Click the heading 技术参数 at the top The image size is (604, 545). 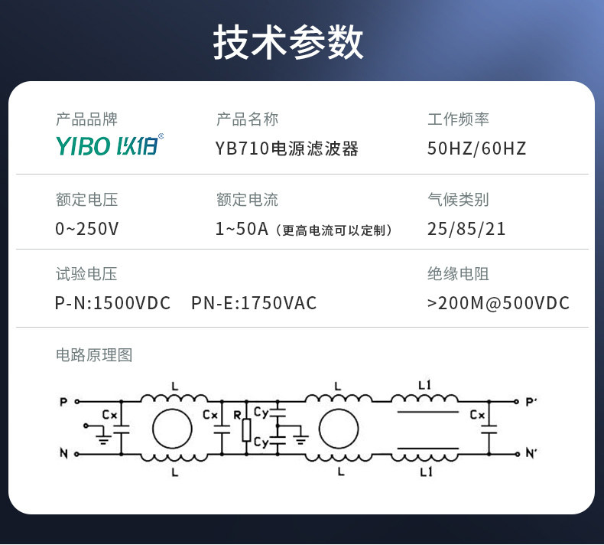tap(288, 42)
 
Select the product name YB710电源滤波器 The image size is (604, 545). tap(287, 148)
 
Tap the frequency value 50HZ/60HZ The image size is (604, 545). tap(477, 148)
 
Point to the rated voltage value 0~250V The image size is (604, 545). tap(87, 229)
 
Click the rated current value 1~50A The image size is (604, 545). tap(242, 229)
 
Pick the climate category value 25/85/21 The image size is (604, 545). tap(466, 229)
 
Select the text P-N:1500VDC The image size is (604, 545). tap(113, 303)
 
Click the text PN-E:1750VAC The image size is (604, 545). tap(254, 303)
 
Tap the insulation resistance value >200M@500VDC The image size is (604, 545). tap(498, 303)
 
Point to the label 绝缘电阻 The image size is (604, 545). tap(458, 274)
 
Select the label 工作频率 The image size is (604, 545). tap(458, 119)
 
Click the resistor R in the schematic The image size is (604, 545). tap(246, 430)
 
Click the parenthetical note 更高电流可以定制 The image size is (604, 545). tap(336, 230)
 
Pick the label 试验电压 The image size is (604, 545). tap(86, 274)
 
